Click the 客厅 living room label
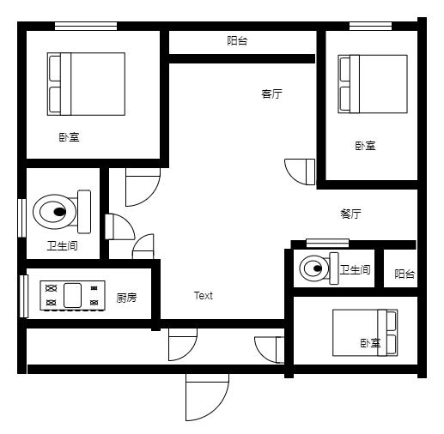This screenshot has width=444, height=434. click(x=271, y=93)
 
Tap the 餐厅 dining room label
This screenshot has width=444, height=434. click(x=350, y=214)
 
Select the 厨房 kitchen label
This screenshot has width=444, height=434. click(x=126, y=298)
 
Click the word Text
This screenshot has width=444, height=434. click(x=204, y=296)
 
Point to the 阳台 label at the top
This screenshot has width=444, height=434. click(x=237, y=40)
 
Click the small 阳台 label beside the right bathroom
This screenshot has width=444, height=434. click(x=404, y=274)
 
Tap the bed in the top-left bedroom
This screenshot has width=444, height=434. click(x=86, y=84)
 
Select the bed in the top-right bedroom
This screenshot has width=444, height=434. click(x=373, y=84)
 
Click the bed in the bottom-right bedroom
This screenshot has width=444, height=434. click(x=365, y=333)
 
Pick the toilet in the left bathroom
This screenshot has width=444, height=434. click(x=62, y=212)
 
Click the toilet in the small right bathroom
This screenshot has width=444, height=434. click(x=319, y=268)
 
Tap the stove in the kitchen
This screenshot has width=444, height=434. click(x=73, y=296)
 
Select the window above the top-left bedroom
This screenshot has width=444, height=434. click(x=86, y=27)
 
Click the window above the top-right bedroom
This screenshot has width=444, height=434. click(x=370, y=27)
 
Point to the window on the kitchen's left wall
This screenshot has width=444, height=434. click(x=24, y=296)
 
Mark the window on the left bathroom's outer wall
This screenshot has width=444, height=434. click(x=22, y=218)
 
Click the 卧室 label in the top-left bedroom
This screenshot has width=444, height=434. click(x=69, y=137)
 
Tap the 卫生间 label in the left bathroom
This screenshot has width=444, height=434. click(x=63, y=246)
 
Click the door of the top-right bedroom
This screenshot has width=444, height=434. click(x=300, y=172)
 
